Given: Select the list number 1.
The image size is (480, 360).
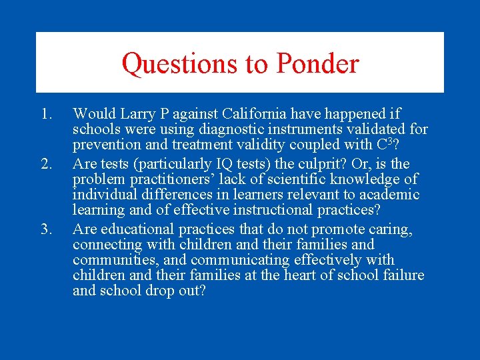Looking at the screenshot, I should pos(45,114).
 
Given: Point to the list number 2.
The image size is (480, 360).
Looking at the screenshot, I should pos(45,164).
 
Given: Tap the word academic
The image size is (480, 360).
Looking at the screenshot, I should pos(391,195).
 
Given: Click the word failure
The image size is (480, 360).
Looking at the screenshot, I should pos(401,275).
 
